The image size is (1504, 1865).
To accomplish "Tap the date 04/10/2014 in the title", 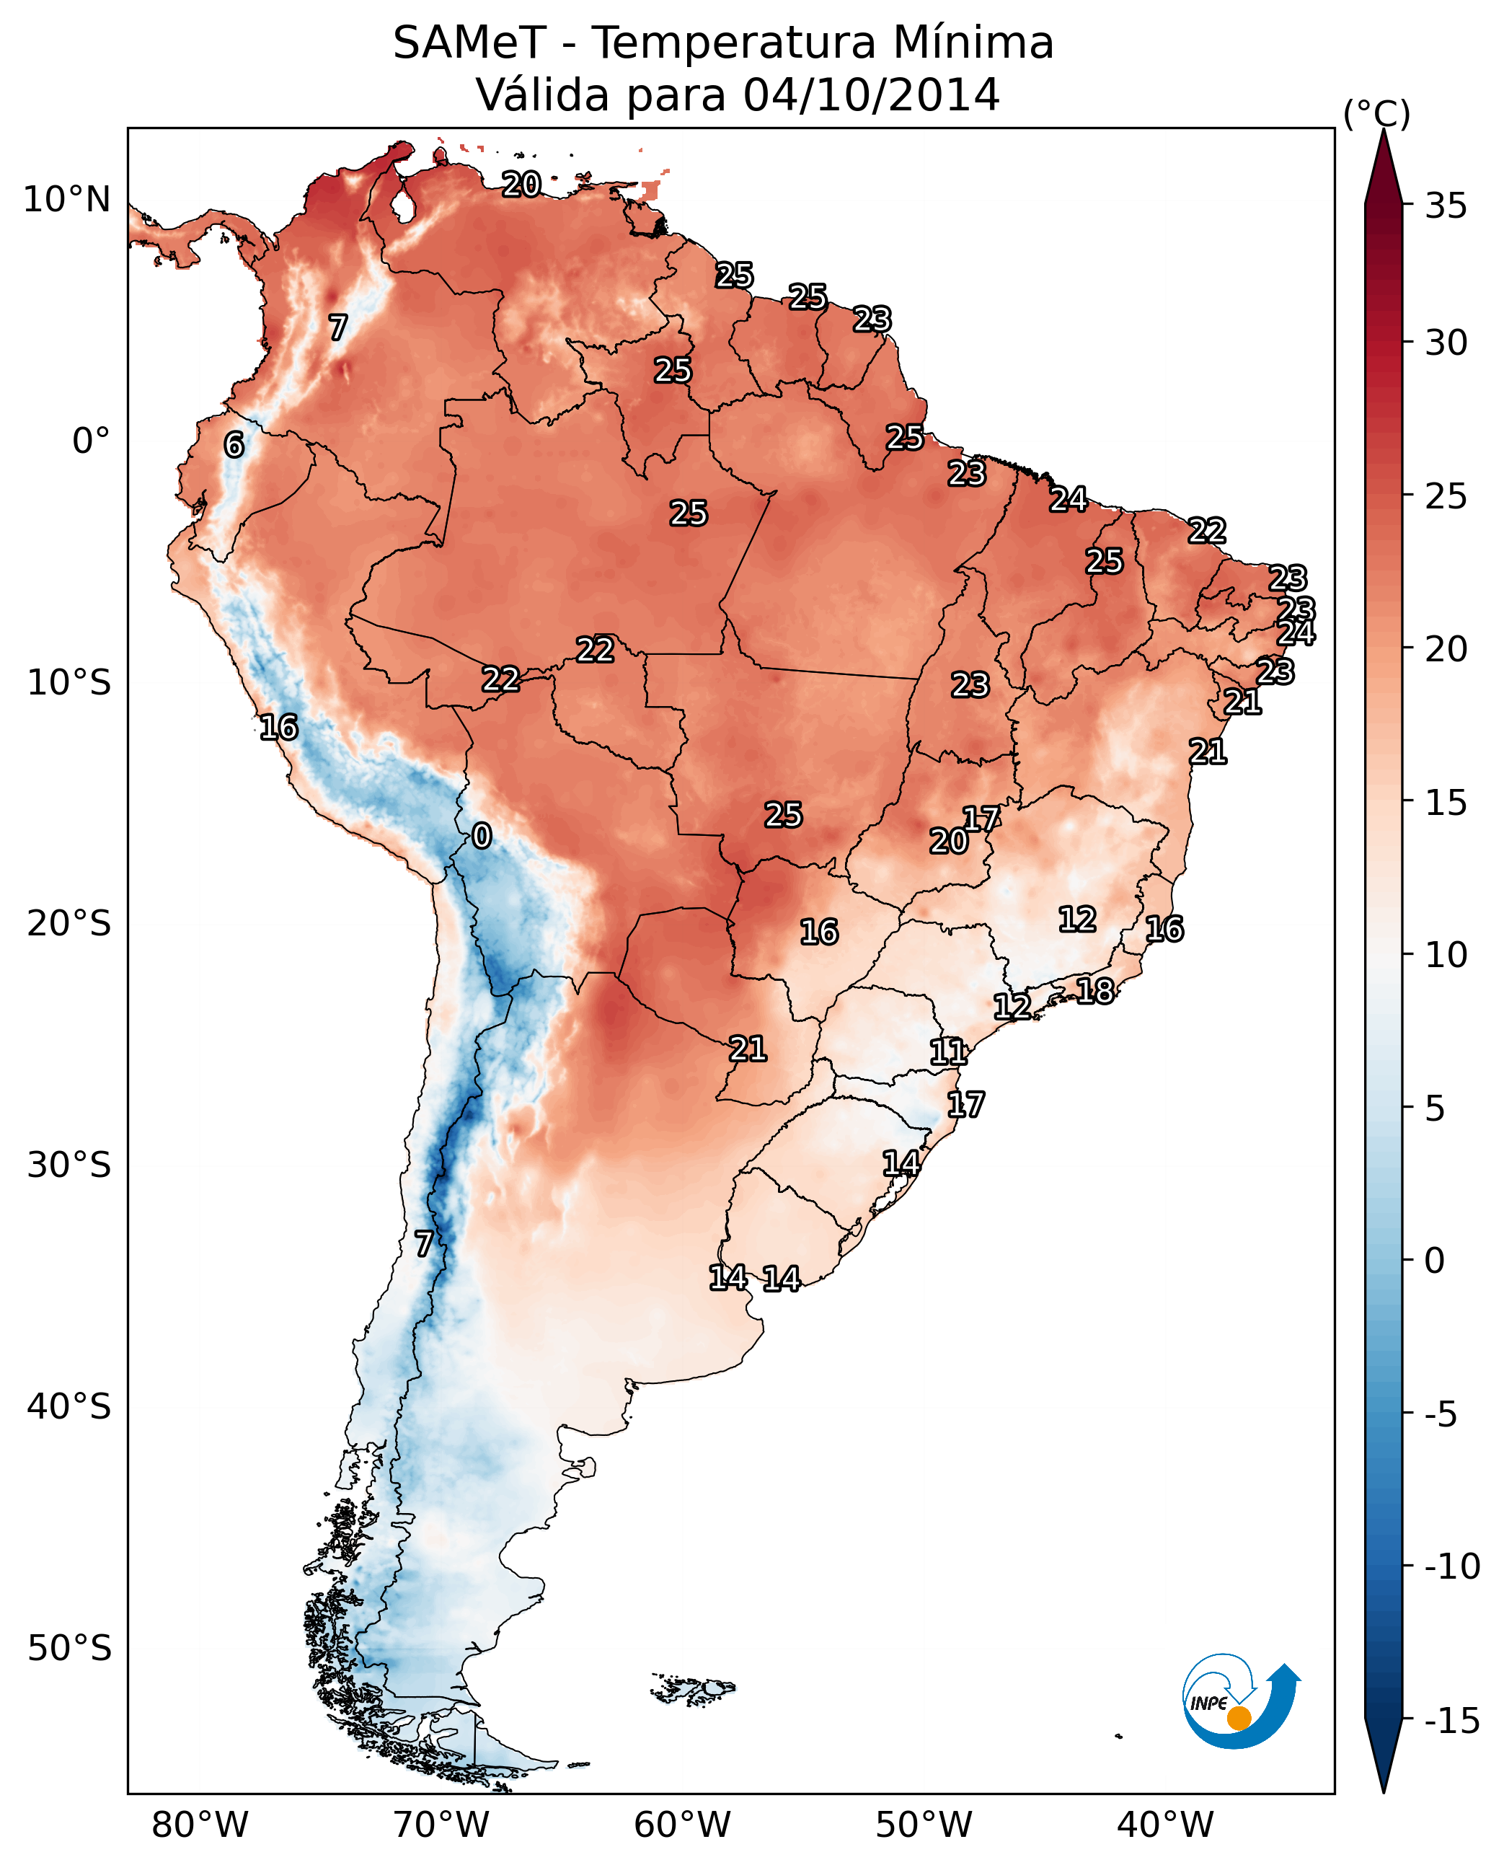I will pos(871,94).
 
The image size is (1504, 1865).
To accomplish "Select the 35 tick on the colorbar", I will pos(1446,206).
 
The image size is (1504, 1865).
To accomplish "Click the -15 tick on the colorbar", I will pos(1451,1720).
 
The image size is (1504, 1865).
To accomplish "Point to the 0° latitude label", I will pos(91,441).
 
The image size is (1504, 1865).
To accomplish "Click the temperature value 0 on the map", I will pos(482,837).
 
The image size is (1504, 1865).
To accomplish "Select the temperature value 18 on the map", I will pos(1095,991).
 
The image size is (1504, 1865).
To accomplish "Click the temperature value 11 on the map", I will pos(948,1052).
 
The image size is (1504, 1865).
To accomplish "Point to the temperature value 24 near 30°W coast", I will pos(1296,632).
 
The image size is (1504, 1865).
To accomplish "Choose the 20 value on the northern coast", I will pos(521,184).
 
